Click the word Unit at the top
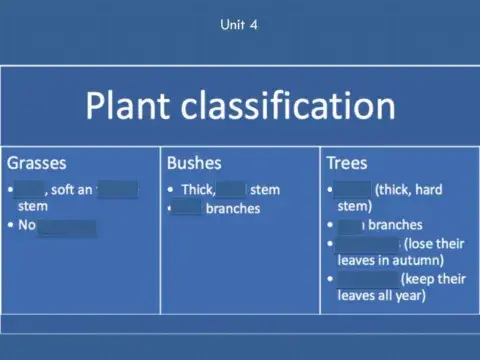tap(232, 25)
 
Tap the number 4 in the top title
tap(255, 25)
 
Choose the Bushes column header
tap(194, 162)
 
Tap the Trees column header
tap(347, 162)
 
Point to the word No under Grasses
tap(27, 225)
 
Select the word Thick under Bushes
tap(198, 189)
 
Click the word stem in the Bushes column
tap(265, 189)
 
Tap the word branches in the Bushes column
tap(232, 208)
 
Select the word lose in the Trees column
tap(422, 243)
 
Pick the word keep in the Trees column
tap(420, 278)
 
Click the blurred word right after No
tap(66, 226)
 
